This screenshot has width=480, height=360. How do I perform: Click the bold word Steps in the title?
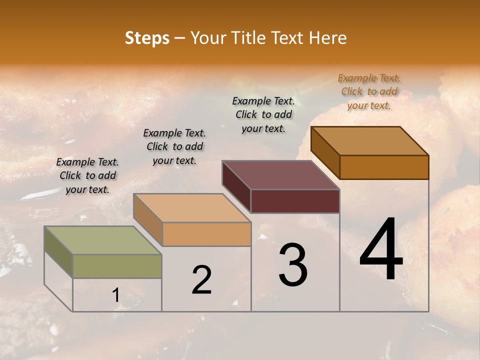coord(147,37)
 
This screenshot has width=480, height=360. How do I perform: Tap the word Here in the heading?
coord(327,37)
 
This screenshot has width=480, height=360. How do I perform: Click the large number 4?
coord(381,250)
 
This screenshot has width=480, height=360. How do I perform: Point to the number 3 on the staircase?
coord(293,265)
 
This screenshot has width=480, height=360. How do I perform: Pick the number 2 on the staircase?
coord(202,280)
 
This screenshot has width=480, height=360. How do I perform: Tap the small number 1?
coord(116,295)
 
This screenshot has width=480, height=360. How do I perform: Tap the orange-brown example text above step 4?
coord(369,91)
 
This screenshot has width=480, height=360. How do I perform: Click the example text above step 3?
coord(263,114)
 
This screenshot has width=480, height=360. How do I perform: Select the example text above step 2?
coord(174,146)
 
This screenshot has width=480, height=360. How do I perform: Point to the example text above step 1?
coord(87,175)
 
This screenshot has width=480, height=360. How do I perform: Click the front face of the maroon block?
coord(295,201)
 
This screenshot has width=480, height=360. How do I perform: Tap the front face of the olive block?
coord(117,266)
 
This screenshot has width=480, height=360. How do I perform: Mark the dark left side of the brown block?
coord(325,152)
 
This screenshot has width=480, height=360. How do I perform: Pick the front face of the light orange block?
coord(206,234)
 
